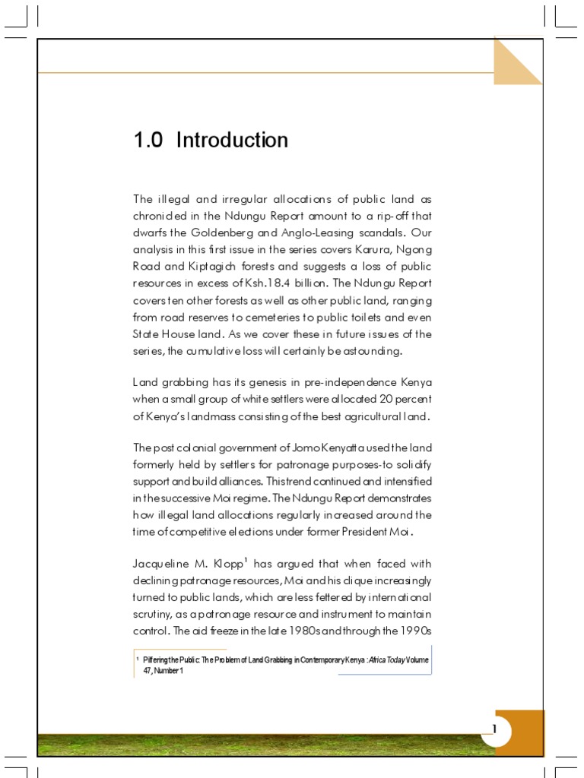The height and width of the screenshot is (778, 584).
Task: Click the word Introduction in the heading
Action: (232, 141)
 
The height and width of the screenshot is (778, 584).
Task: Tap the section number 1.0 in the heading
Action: (148, 141)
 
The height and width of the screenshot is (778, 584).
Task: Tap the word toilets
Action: (377, 317)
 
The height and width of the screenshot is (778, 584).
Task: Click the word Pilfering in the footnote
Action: (156, 659)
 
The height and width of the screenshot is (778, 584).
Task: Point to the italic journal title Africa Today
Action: (385, 659)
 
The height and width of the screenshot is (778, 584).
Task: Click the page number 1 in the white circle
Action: (494, 730)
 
